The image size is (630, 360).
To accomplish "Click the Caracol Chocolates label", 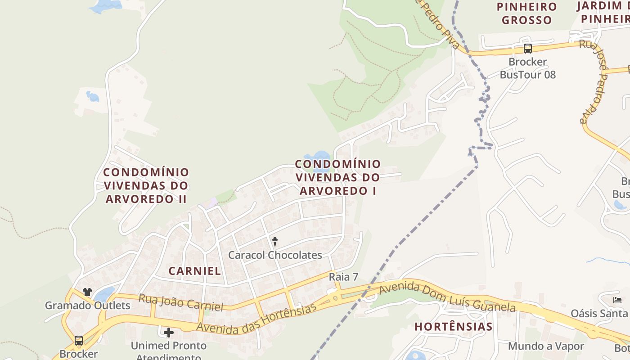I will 275,255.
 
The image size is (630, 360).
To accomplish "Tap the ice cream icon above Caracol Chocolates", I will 275,242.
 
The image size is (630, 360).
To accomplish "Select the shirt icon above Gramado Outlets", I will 87,292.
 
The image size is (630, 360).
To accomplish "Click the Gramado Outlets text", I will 87,306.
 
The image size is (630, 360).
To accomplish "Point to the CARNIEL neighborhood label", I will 194,271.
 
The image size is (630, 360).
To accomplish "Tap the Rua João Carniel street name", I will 180,303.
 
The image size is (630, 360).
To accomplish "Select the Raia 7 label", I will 343,277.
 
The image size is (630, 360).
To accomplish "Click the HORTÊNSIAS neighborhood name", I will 453,327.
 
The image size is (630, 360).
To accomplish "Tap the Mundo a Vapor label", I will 545,346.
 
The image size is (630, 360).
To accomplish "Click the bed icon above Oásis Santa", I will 617,300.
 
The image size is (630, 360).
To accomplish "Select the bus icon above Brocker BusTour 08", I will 528,48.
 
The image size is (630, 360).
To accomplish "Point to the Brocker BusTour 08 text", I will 528,68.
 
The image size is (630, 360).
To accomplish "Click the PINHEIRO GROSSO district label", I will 526,13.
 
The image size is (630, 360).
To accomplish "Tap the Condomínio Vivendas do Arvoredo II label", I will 146,185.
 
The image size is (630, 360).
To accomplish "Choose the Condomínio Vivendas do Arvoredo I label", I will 337,177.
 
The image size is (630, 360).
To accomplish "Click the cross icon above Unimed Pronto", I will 169,333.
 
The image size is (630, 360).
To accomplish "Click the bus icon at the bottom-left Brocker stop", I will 79,340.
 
